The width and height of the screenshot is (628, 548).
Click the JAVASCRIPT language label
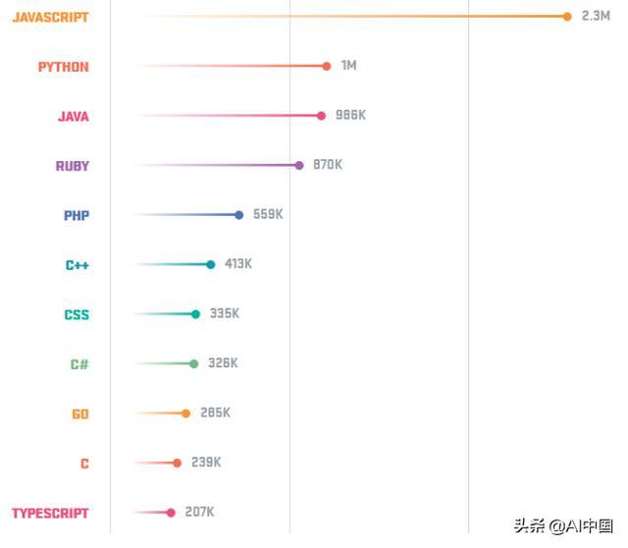tap(50, 18)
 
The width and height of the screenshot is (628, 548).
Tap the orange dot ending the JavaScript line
tap(567, 16)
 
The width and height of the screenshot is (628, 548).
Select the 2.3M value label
tap(596, 16)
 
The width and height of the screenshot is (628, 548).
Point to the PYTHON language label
tap(63, 67)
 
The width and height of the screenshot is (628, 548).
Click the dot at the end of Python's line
tap(327, 66)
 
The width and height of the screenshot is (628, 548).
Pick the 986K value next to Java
tap(350, 115)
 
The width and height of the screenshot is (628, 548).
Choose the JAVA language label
tap(73, 117)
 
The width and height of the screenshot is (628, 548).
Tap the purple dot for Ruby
tap(299, 165)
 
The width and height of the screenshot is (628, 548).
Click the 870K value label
tap(328, 165)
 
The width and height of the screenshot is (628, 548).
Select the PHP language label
tap(77, 216)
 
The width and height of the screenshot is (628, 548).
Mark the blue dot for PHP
tap(238, 214)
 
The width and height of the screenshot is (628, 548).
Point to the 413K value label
tap(238, 264)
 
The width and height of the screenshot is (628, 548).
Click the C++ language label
tap(78, 265)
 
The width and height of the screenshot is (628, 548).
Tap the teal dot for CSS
tap(195, 314)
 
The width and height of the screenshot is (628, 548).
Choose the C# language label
tap(79, 364)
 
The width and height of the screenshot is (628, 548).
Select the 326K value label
tap(223, 363)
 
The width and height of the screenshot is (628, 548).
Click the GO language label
tap(80, 414)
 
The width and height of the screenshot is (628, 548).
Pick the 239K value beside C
tap(206, 463)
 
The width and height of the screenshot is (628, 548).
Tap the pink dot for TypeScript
tap(171, 513)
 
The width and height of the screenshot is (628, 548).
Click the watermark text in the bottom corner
tap(563, 526)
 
